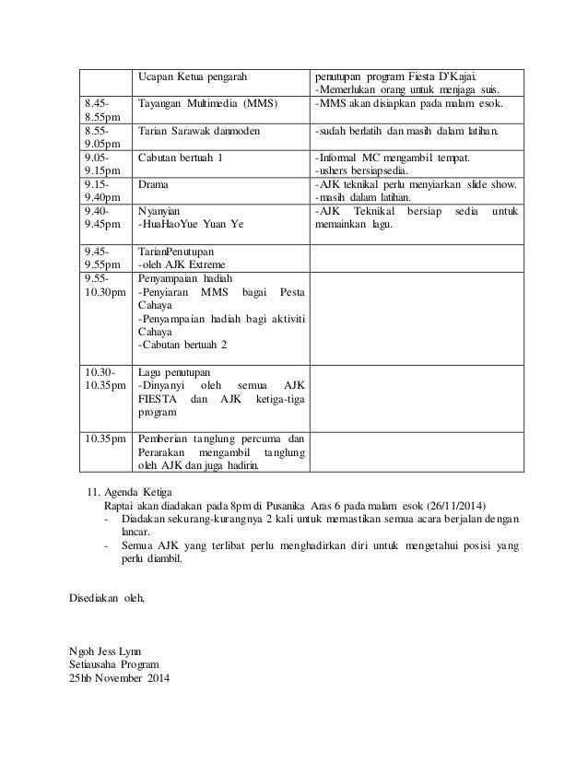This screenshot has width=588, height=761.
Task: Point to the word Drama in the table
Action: [153, 184]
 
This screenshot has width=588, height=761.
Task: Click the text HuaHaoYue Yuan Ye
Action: [190, 224]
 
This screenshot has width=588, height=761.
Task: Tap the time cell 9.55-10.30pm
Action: [103, 285]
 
